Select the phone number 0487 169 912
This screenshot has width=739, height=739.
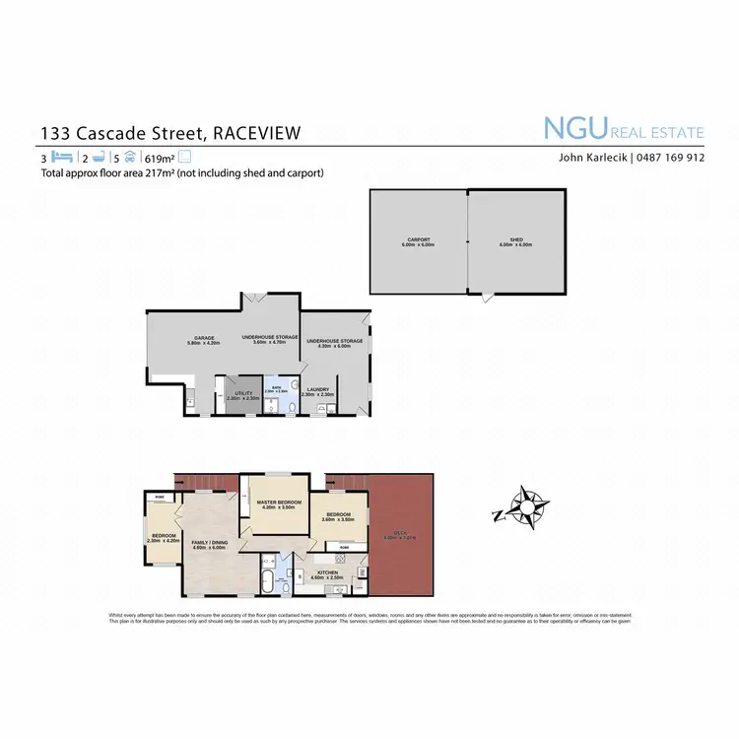tap(670, 157)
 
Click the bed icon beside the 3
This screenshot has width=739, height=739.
tap(62, 157)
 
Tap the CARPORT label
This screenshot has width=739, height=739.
tap(419, 240)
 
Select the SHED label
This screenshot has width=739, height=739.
tap(516, 240)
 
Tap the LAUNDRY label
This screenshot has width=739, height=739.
tap(318, 390)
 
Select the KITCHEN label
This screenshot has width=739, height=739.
tap(328, 571)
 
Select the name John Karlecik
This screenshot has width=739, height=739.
tap(589, 157)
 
